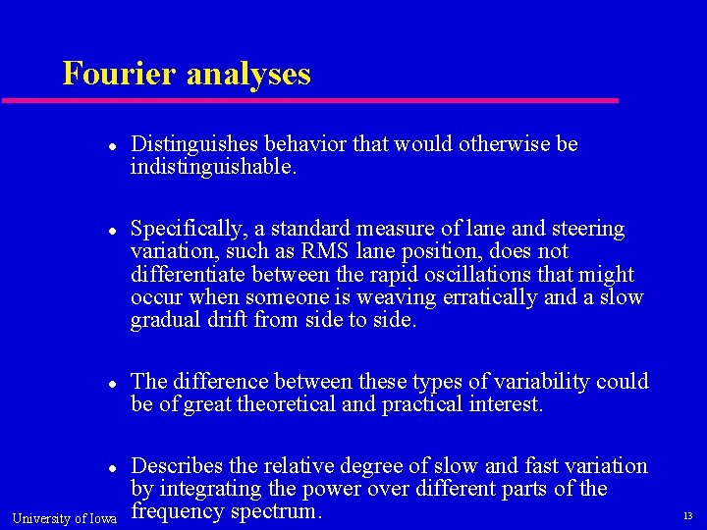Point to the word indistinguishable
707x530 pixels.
coord(210,168)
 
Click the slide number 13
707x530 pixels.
coord(687,516)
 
